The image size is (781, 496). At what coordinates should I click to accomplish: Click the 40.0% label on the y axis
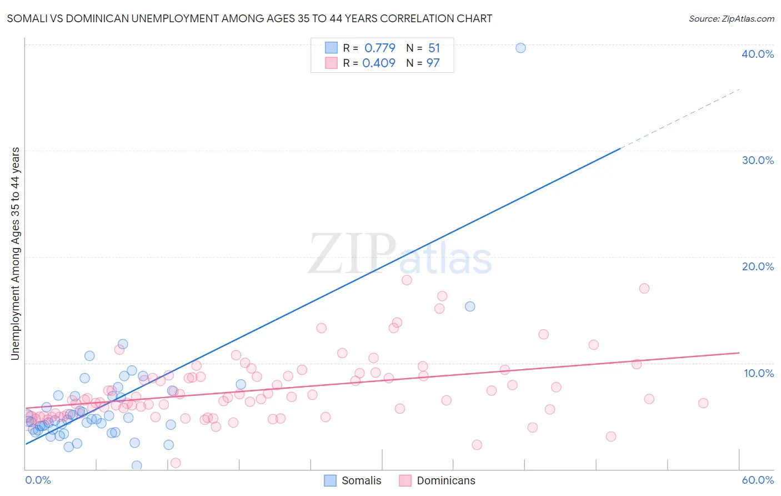pyautogui.click(x=757, y=54)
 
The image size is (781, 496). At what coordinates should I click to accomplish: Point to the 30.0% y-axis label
pyautogui.click(x=757, y=160)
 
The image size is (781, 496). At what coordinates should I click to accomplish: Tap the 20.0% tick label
pyautogui.click(x=757, y=266)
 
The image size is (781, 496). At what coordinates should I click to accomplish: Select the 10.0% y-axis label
pyautogui.click(x=758, y=373)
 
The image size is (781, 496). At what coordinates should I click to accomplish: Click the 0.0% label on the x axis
pyautogui.click(x=38, y=480)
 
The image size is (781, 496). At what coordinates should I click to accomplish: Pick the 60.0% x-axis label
pyautogui.click(x=757, y=480)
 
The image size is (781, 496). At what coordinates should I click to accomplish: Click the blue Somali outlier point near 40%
pyautogui.click(x=520, y=48)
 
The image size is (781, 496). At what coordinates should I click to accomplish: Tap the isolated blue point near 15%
pyautogui.click(x=470, y=306)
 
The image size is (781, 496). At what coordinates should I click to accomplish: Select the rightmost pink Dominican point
pyautogui.click(x=703, y=403)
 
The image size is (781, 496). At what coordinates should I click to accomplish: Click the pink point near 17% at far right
pyautogui.click(x=644, y=288)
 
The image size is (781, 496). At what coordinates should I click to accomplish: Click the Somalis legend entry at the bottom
pyautogui.click(x=353, y=480)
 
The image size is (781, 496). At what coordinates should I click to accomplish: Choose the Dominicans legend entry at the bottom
pyautogui.click(x=437, y=480)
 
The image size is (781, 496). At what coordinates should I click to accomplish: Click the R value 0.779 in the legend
pyautogui.click(x=380, y=48)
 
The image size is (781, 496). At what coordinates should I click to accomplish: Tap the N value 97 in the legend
pyautogui.click(x=433, y=63)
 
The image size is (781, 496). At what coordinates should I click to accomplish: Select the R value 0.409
pyautogui.click(x=379, y=63)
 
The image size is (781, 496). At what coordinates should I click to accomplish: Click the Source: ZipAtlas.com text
pyautogui.click(x=731, y=19)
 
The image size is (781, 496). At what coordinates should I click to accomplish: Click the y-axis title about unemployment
pyautogui.click(x=16, y=253)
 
